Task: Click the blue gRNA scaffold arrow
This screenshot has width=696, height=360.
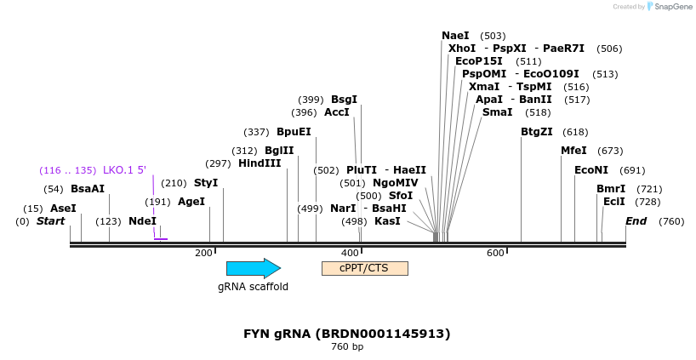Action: pos(254,268)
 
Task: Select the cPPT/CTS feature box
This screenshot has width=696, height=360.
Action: pos(365,268)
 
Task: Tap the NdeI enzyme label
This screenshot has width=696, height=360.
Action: pos(142,221)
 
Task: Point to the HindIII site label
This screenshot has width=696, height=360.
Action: pos(260,163)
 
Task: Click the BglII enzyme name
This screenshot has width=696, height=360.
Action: pos(279,151)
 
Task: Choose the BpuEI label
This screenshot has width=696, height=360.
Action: pos(294,132)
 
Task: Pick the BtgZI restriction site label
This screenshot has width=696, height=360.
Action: pos(537,132)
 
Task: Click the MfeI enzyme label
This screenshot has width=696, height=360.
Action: pos(573,151)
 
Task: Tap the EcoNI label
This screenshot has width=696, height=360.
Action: pos(591,170)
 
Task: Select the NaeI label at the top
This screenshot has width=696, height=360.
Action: pos(455,36)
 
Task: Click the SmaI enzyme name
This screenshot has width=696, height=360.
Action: pos(497,112)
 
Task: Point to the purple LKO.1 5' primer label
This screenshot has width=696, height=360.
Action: pos(125,170)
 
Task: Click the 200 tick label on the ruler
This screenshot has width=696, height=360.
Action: pos(203,253)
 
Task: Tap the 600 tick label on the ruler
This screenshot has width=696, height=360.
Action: pos(495,253)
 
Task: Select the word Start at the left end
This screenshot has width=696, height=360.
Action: pos(50,221)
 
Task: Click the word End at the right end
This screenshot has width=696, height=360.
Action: pos(636,221)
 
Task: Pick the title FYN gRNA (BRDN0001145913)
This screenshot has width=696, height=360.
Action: pos(347,334)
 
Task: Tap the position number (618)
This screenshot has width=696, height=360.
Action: pos(575,132)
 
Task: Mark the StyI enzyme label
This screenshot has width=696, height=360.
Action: pos(206,183)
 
